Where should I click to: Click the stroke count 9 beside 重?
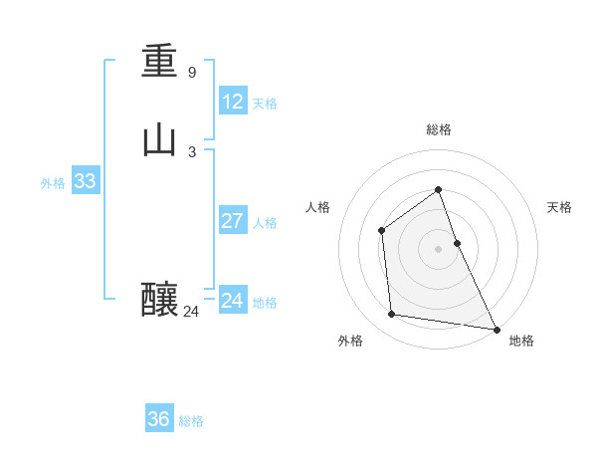(x=192, y=72)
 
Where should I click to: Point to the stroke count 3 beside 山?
(x=192, y=151)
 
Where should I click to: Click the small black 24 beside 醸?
(x=191, y=312)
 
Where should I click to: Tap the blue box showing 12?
(x=233, y=102)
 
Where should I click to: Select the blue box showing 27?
(x=233, y=221)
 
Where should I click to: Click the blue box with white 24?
(x=233, y=301)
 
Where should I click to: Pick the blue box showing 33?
(x=85, y=181)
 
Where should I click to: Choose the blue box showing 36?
(x=159, y=419)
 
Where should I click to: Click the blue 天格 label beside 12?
(x=265, y=104)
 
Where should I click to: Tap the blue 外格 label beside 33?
(x=53, y=183)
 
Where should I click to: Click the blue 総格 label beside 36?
(x=191, y=421)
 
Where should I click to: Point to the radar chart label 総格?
(x=439, y=129)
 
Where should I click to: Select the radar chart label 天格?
(x=560, y=207)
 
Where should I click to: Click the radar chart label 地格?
(x=521, y=341)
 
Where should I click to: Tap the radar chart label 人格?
(x=318, y=207)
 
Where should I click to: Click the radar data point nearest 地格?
(x=497, y=329)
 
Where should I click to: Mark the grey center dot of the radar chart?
(x=439, y=249)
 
